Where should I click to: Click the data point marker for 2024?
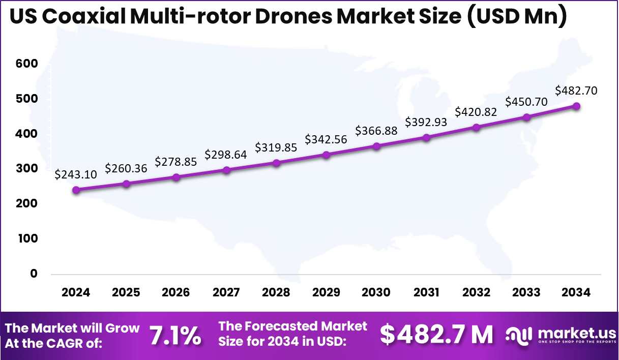pyautogui.click(x=76, y=190)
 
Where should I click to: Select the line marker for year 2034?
pyautogui.click(x=576, y=106)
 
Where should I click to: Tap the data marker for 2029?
pyautogui.click(x=326, y=155)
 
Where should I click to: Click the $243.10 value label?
pyautogui.click(x=76, y=174)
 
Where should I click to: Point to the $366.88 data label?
pyautogui.click(x=376, y=131)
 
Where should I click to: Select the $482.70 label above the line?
pyautogui.click(x=576, y=91)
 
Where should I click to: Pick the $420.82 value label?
pyautogui.click(x=476, y=111)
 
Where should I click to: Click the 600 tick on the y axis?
pyautogui.click(x=26, y=64)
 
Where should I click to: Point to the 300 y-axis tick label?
pyautogui.click(x=26, y=169)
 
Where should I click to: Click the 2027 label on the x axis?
pyautogui.click(x=226, y=292)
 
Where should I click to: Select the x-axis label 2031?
pyautogui.click(x=426, y=292)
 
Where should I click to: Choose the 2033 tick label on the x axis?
pyautogui.click(x=526, y=292)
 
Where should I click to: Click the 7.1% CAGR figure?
pyautogui.click(x=175, y=335)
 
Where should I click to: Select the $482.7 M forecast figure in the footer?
pyautogui.click(x=436, y=335)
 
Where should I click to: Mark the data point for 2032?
pyautogui.click(x=476, y=127)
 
